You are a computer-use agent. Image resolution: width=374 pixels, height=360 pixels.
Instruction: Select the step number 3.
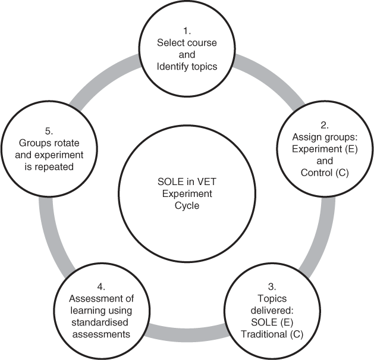pos(272,287)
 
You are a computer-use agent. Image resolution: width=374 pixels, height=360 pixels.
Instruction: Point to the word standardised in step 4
pos(99,323)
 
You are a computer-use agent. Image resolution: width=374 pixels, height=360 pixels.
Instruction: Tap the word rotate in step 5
pos(61,144)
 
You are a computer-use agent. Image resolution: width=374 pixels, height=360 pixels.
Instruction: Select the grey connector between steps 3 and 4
pos(186,335)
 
